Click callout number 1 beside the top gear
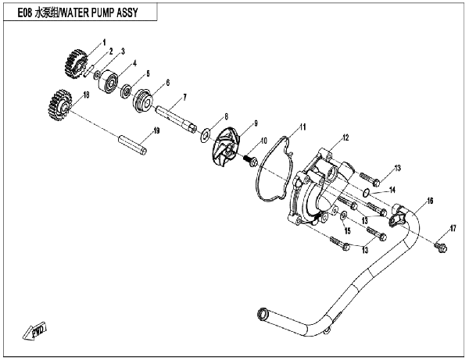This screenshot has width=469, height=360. pos(102,41)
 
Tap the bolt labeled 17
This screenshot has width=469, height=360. pos(439,247)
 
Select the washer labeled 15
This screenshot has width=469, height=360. pos(343,213)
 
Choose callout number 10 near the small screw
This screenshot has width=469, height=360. pos(263,141)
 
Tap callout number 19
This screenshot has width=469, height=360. pos(156,131)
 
